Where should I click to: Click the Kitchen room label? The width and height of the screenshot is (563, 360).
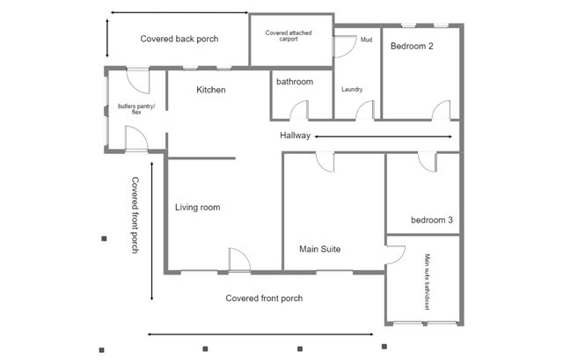pyautogui.click(x=211, y=90)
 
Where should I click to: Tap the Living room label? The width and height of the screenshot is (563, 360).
pyautogui.click(x=197, y=208)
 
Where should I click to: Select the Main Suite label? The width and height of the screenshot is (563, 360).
pyautogui.click(x=319, y=249)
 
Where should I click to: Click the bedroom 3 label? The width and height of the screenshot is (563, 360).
pyautogui.click(x=432, y=220)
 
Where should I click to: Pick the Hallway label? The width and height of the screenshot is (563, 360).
pyautogui.click(x=296, y=136)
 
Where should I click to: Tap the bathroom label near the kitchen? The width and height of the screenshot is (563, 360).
pyautogui.click(x=295, y=82)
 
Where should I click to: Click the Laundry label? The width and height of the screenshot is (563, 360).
pyautogui.click(x=352, y=90)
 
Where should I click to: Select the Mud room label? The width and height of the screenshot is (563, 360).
pyautogui.click(x=366, y=39)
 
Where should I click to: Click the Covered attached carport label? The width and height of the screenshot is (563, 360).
pyautogui.click(x=289, y=36)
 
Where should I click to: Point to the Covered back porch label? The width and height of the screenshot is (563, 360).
pyautogui.click(x=179, y=39)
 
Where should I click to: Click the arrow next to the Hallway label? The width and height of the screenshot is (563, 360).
pyautogui.click(x=383, y=136)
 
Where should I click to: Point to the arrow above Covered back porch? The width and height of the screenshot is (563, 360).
pyautogui.click(x=179, y=13)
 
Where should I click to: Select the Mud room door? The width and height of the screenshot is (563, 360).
pyautogui.click(x=344, y=46)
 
